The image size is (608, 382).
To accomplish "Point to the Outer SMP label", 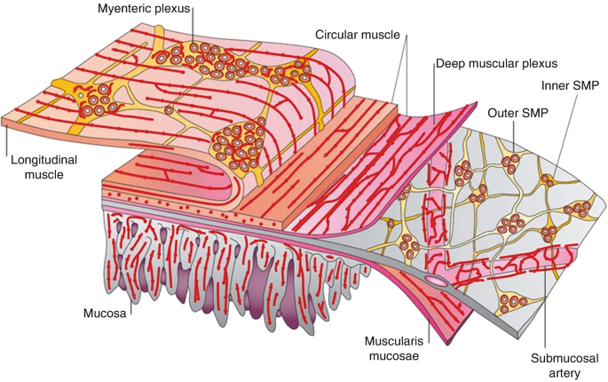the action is pos(517,113).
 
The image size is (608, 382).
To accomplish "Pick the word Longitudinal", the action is pos(42,162).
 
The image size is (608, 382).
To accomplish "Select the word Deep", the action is pos(450,64).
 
